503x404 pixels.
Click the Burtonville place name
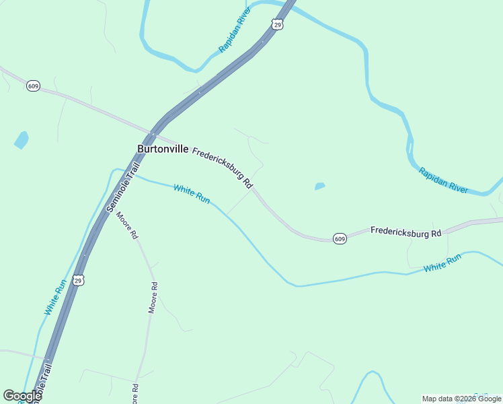click(163, 149)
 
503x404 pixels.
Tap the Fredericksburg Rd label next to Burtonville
click(223, 168)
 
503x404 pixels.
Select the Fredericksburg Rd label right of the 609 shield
click(405, 232)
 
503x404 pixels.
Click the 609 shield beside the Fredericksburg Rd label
click(340, 239)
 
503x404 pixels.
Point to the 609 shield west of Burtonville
click(34, 86)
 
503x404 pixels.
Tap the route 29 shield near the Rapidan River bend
click(278, 24)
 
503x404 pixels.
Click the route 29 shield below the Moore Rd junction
click(79, 280)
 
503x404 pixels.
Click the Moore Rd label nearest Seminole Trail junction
click(126, 226)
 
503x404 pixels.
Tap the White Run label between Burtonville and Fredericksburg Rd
click(192, 194)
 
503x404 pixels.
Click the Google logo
click(22, 396)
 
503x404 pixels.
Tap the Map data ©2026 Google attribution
click(462, 399)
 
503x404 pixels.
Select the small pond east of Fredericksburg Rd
click(319, 186)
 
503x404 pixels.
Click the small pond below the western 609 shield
click(22, 140)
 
